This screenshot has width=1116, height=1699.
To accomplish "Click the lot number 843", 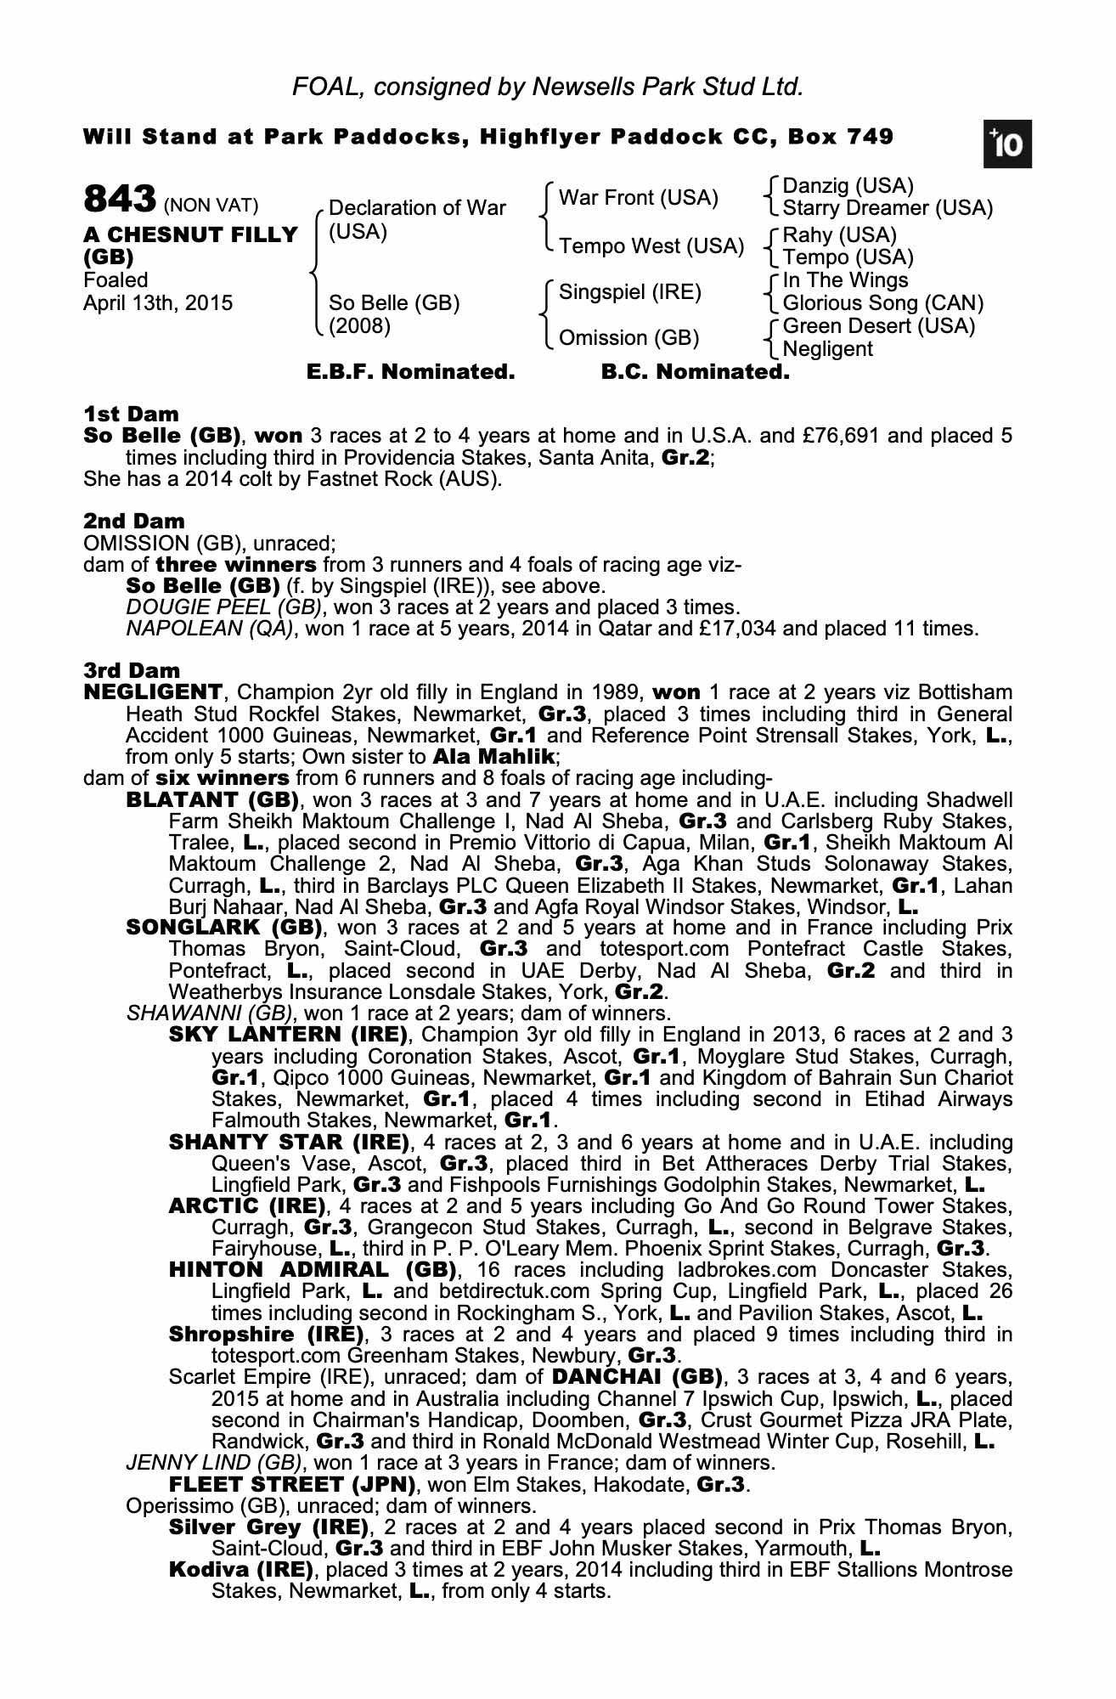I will click(x=119, y=200).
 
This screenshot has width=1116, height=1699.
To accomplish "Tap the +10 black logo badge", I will click(x=1007, y=145).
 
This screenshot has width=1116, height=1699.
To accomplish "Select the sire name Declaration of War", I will click(x=416, y=208).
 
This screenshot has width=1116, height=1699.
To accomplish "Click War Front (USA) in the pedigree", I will click(x=638, y=198).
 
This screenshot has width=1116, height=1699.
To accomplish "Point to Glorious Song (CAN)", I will click(x=882, y=303).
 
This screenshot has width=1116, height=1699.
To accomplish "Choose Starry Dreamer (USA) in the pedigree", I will click(x=887, y=208).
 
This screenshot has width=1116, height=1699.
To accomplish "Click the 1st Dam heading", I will click(x=131, y=415).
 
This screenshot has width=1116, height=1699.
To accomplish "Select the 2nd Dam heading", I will click(x=133, y=522).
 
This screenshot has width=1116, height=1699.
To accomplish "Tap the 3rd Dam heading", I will click(x=132, y=671).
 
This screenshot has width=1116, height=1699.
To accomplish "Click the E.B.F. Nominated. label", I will click(x=410, y=372).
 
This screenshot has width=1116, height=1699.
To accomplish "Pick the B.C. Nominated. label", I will click(x=695, y=372).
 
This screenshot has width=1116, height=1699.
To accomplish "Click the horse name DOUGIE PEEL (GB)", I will click(x=223, y=607).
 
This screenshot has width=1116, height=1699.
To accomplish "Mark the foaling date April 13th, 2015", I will click(x=158, y=303).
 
